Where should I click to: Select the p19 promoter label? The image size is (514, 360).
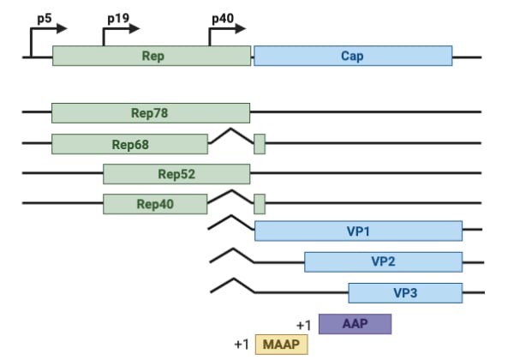pos(118,16)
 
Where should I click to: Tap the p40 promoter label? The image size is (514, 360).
pos(223,16)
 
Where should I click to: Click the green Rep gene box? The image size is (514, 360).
pos(152,56)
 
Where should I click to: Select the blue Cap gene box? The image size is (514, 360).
pos(353,56)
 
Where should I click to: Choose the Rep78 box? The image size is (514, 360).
pos(151,112)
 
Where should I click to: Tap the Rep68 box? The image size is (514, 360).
pos(129,144)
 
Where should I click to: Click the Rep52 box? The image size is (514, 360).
pos(176,174)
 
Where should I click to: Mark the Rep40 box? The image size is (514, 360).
pos(155,204)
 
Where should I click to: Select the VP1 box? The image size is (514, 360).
pos(358,231)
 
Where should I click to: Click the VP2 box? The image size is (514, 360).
pos(383,261)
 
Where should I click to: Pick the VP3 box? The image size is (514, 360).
pos(405,292)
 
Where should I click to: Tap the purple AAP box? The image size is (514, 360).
pos(355,324)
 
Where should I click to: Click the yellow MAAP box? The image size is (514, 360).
pos(280,344)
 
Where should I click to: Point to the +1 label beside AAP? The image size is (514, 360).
pos(303,325)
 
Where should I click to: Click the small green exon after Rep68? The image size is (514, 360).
pos(260,144)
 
